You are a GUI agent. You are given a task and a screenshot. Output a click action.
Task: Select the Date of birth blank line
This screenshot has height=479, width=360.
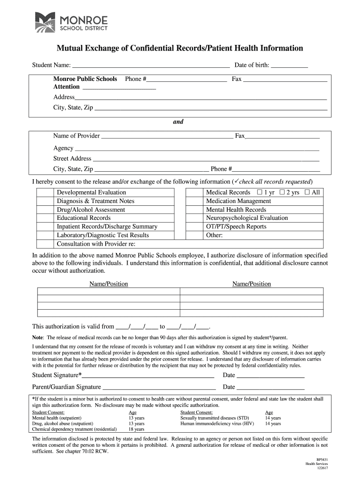(x=289, y=65)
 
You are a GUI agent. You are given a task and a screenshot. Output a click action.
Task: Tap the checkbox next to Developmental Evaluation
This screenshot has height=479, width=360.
(x=45, y=192)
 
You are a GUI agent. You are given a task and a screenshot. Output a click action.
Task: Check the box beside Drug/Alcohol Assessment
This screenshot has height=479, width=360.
(x=45, y=210)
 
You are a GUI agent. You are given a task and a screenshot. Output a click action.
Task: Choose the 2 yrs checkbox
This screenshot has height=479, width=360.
(x=282, y=192)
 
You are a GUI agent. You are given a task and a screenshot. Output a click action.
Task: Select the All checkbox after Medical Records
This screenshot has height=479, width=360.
(x=307, y=192)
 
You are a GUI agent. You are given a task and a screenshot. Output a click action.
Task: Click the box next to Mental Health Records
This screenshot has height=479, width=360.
(x=194, y=210)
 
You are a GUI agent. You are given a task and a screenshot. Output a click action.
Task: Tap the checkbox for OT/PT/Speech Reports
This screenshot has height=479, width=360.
(x=194, y=226)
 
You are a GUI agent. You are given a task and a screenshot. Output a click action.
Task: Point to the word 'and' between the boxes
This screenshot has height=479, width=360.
(x=178, y=122)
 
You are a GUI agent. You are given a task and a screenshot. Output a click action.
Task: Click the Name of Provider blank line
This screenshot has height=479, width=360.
(x=167, y=137)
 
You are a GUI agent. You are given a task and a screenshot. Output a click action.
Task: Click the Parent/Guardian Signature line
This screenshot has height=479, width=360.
(x=159, y=387)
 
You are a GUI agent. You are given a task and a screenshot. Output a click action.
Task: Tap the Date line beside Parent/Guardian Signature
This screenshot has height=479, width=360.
(x=271, y=387)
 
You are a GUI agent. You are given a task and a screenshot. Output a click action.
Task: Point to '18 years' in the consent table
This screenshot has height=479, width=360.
(x=137, y=429)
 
